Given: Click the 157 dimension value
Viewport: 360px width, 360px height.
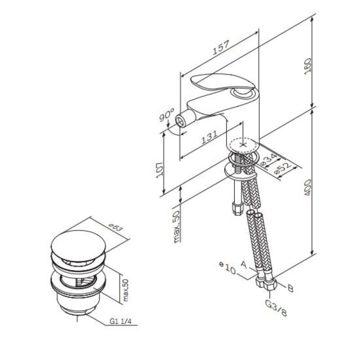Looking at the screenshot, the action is pyautogui.click(x=221, y=48).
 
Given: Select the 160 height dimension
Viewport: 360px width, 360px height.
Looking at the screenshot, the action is pyautogui.click(x=307, y=66).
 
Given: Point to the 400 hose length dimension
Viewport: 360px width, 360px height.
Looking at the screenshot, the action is pyautogui.click(x=307, y=188).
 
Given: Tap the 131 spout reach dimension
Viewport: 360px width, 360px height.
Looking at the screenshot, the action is pyautogui.click(x=209, y=137).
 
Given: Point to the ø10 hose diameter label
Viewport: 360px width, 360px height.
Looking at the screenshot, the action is pyautogui.click(x=228, y=268).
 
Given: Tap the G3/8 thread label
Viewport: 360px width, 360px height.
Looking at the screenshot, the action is pyautogui.click(x=276, y=308).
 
